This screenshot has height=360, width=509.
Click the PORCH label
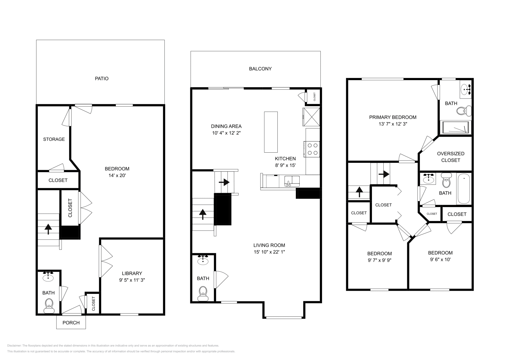tap(71, 322)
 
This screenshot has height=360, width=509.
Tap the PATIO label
tap(102, 78)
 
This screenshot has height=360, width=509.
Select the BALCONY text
tap(260, 69)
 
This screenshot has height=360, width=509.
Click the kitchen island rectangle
tap(271, 132)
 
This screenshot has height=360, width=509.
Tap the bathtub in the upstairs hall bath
tap(464, 188)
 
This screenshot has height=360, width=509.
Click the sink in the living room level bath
tap(203, 261)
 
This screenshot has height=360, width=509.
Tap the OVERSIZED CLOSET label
tap(450, 157)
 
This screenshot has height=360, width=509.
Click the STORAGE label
tap(54, 139)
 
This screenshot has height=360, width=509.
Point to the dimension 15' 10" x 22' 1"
tap(269, 252)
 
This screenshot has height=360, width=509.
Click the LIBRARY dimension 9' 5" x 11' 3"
tap(132, 280)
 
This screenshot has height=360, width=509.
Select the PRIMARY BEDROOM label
tap(393, 117)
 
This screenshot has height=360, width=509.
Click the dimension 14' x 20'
tap(117, 175)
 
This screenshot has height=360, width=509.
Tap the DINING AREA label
tap(226, 126)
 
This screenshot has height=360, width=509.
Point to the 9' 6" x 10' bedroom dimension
tap(440, 259)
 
